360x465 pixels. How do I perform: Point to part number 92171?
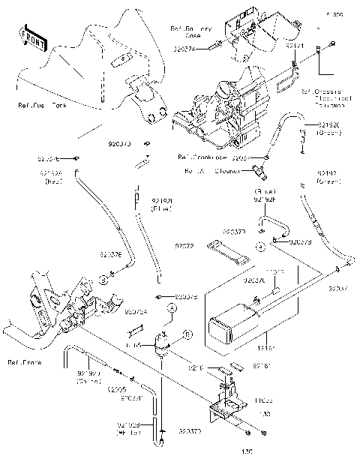295,46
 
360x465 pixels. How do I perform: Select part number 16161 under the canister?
265,349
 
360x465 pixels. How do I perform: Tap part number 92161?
260,366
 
